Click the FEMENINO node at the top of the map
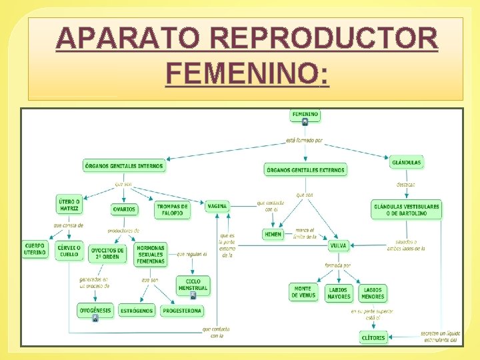point(305,115)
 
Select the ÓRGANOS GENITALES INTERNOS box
point(125,165)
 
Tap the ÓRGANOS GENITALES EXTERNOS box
point(305,170)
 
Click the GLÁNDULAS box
point(407,162)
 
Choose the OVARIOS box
point(124,209)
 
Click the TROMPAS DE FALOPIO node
point(173,210)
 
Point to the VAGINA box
point(217,207)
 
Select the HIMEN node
point(273,235)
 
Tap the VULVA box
point(338,246)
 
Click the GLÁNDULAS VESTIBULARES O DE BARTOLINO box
point(406,209)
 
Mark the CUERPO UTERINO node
point(35,249)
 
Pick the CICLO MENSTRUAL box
point(193,285)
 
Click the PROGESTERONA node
point(182,311)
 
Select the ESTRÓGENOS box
point(137,311)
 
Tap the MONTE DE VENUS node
point(303,292)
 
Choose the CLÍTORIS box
point(373,338)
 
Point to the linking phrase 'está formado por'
point(304,141)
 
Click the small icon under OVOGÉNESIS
point(95,318)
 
